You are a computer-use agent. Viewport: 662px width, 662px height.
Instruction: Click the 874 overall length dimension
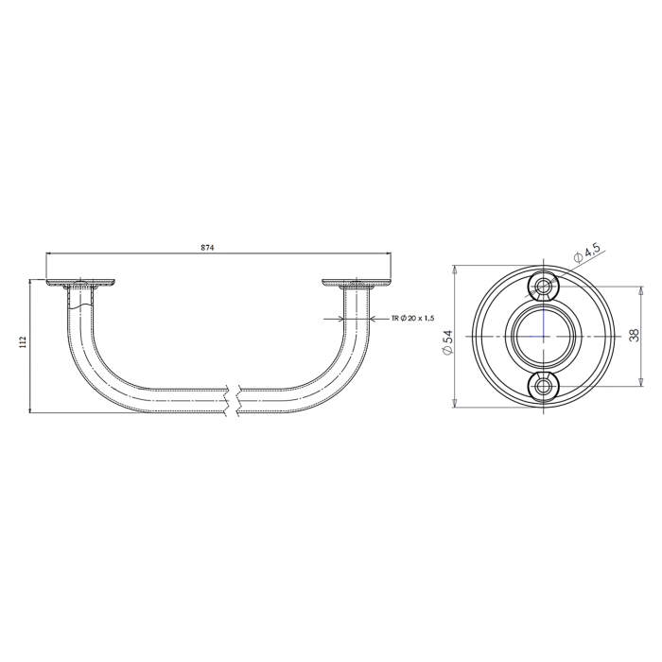click(208, 248)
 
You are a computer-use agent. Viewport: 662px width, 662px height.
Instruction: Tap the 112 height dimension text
click(24, 342)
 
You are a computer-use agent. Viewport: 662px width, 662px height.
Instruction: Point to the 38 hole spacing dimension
click(635, 335)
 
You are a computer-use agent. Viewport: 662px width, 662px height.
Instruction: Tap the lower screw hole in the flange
click(544, 385)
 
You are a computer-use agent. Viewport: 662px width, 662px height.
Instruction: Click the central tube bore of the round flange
click(544, 337)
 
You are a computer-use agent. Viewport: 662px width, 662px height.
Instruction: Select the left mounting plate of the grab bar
click(80, 283)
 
